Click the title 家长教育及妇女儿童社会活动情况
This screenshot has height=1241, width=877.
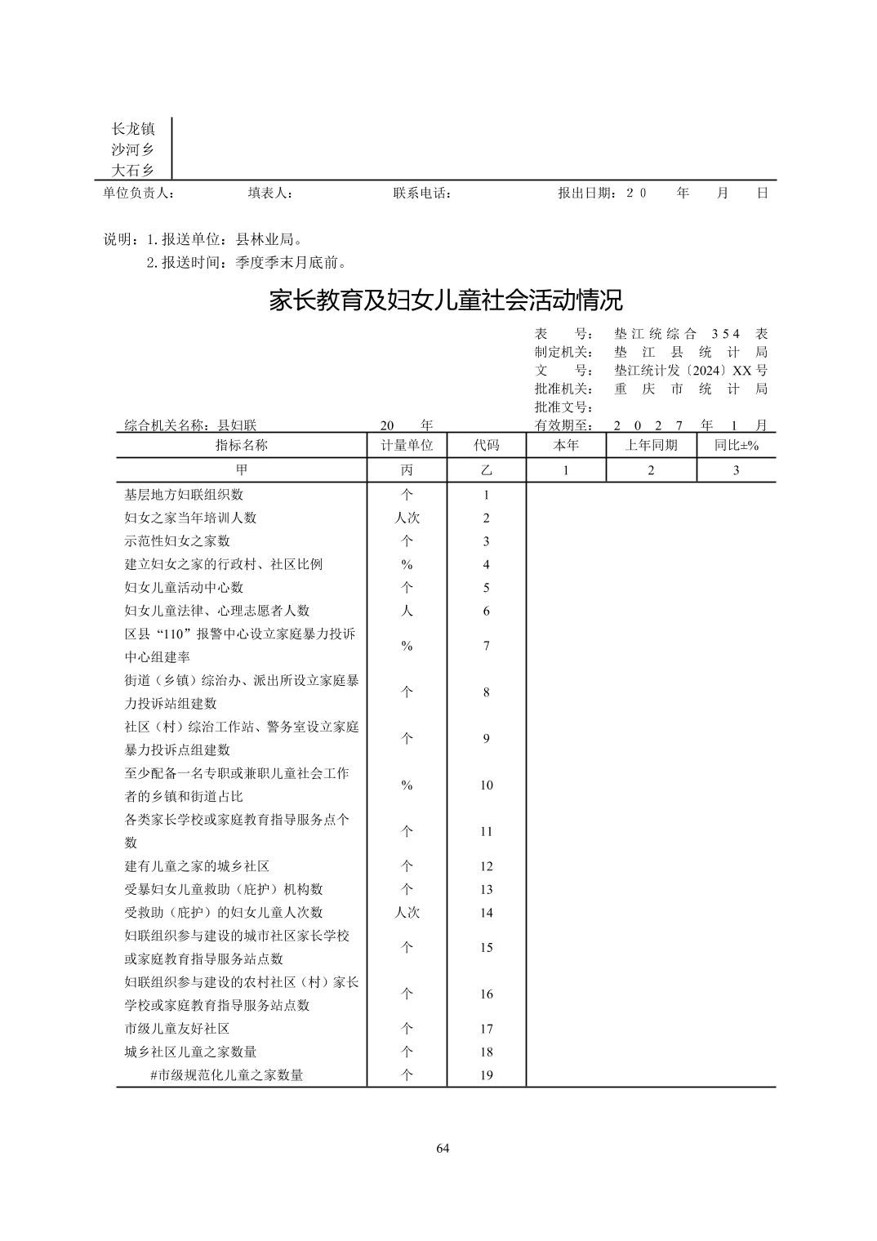pos(446,300)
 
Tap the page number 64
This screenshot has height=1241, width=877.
pos(443,1149)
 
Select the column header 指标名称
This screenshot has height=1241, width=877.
pos(241,445)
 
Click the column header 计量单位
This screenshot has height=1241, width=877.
pos(407,445)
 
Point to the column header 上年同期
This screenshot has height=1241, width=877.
pos(651,445)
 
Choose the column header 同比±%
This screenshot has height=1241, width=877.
pos(736,445)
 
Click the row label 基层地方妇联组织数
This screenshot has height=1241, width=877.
pos(184,495)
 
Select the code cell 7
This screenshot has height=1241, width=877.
pos(486,646)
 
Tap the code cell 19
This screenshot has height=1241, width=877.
pos(486,1075)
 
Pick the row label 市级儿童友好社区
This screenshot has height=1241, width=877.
pos(177,1029)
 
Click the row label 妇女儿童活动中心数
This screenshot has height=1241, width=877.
pos(184,588)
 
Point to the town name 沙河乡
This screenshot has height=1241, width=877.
pos(132,149)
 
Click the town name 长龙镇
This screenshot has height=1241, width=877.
pos(132,128)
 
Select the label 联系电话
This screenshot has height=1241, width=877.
pos(422,193)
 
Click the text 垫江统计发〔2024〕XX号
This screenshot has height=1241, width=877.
pos(691,370)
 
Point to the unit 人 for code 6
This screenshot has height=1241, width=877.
pos(407,611)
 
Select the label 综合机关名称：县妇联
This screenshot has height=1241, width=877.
pos(190,425)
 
